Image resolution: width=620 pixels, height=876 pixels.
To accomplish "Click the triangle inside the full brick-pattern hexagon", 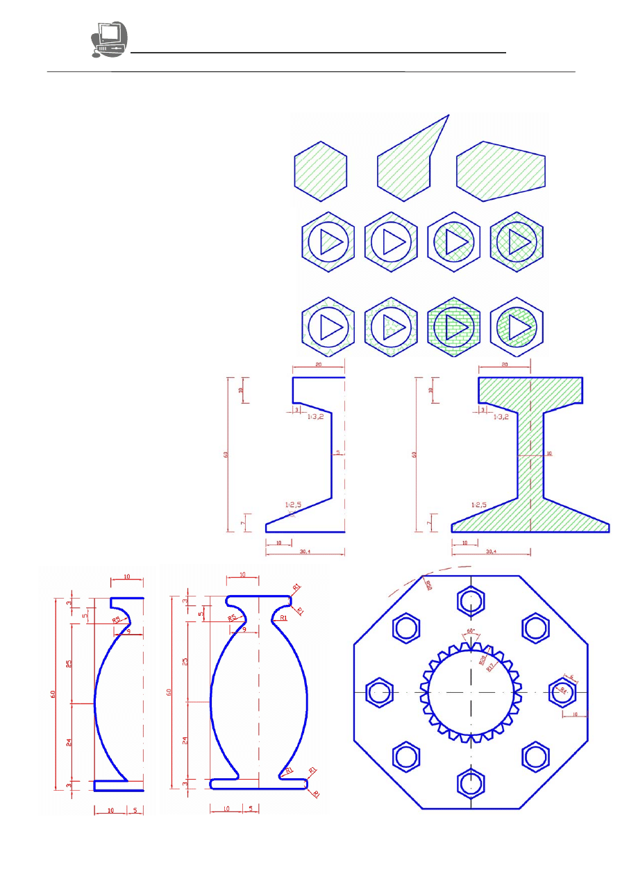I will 455,325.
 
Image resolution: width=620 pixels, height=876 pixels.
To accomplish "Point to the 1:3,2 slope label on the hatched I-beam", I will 501,418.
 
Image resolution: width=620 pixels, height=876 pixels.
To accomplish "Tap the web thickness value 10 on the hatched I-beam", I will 548,454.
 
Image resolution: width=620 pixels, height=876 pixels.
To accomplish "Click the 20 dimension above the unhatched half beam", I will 319,364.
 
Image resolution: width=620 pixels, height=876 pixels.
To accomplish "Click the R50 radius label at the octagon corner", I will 428,585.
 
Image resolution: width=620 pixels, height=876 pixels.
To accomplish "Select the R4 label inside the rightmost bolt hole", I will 564,691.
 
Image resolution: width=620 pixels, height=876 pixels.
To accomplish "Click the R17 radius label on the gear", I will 490,668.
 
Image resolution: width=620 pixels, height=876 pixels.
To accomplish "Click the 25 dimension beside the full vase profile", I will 185,662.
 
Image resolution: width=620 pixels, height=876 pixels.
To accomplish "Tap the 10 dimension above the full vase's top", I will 242,575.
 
